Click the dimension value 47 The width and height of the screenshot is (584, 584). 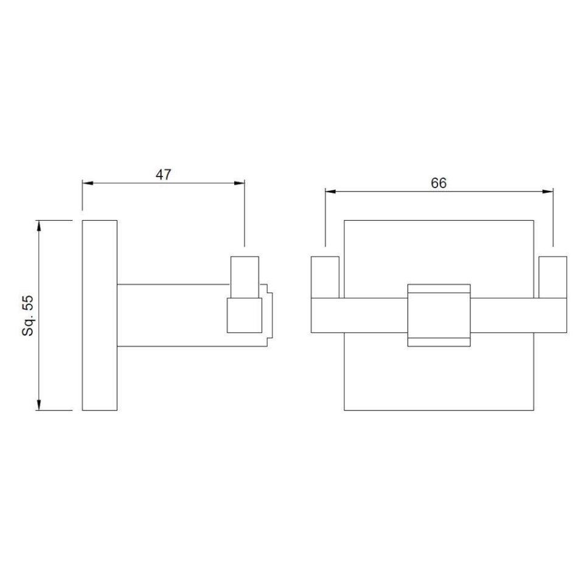[x=163, y=175]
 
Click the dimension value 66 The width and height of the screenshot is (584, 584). [x=439, y=183]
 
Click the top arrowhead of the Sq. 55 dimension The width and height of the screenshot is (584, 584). [x=40, y=224]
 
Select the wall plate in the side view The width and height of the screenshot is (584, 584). [x=100, y=315]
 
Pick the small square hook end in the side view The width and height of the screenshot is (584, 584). [x=244, y=315]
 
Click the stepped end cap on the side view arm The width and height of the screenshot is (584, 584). [x=268, y=315]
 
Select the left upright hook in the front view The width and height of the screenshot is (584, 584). [x=325, y=277]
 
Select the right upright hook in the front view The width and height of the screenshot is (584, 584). [x=553, y=277]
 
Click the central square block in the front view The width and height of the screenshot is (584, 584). [x=439, y=314]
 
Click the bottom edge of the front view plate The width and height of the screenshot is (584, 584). [x=439, y=410]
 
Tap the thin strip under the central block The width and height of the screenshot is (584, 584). [x=439, y=341]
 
